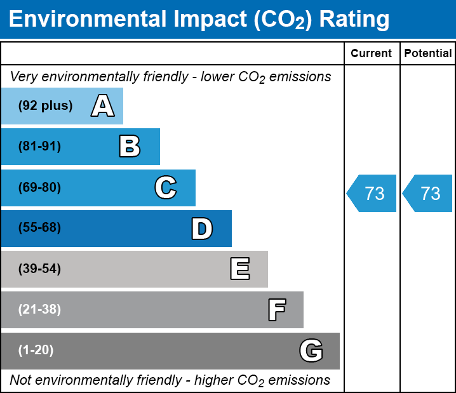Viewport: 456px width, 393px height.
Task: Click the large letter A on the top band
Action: (x=103, y=106)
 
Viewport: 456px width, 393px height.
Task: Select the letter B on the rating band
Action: (x=130, y=147)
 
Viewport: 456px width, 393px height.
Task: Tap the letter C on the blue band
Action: (x=165, y=188)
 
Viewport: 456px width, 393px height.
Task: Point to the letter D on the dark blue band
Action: (x=202, y=229)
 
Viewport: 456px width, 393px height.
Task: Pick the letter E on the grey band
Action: (x=239, y=269)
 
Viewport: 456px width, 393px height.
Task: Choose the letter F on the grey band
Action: (x=276, y=310)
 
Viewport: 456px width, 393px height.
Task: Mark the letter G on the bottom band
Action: (x=311, y=350)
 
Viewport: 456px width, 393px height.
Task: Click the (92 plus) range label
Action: (x=45, y=106)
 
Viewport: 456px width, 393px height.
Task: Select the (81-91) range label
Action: (x=39, y=147)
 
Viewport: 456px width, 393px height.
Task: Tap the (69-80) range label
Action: (x=39, y=188)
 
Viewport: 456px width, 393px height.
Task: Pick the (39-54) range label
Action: (x=39, y=269)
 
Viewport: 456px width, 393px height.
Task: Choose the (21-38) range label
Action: (x=39, y=310)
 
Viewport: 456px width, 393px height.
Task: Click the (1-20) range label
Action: (x=36, y=350)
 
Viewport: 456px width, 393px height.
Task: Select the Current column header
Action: (x=372, y=54)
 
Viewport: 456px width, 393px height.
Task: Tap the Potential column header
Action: (x=428, y=54)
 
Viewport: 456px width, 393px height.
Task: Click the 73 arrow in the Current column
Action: (x=373, y=193)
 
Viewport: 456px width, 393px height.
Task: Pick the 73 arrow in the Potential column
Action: (x=429, y=193)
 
